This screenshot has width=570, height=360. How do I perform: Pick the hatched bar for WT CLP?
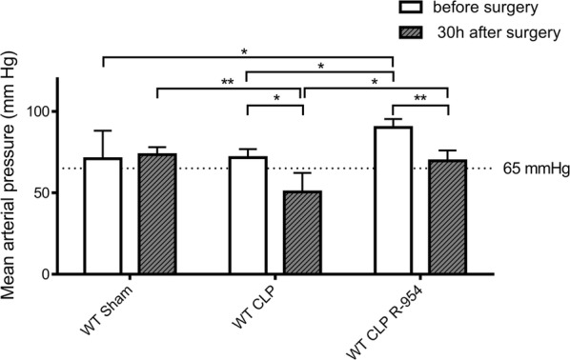click(302, 232)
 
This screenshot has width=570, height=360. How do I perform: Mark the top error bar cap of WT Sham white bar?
click(102, 130)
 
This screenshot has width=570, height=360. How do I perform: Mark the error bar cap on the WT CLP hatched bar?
click(302, 172)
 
